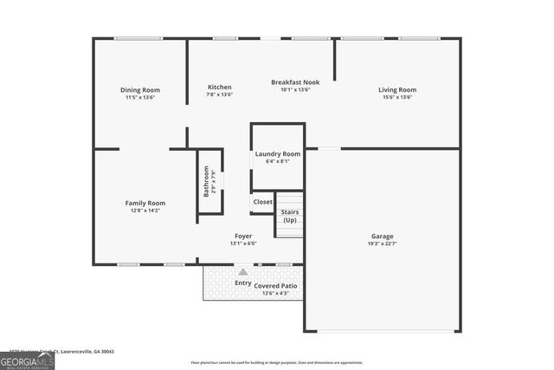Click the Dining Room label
tap(140, 90)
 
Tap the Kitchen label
tap(219, 87)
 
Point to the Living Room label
tap(397, 90)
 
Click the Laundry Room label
tap(278, 154)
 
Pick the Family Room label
tap(145, 203)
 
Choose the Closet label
tap(262, 202)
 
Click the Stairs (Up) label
tap(289, 216)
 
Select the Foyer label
tap(243, 236)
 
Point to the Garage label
tap(382, 236)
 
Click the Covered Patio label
tap(275, 285)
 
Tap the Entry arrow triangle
tap(242, 271)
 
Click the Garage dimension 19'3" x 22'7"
tap(382, 243)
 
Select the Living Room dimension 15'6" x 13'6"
tap(397, 97)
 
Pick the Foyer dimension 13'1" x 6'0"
tap(243, 243)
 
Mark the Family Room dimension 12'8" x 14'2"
tap(145, 210)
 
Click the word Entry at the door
tap(243, 282)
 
